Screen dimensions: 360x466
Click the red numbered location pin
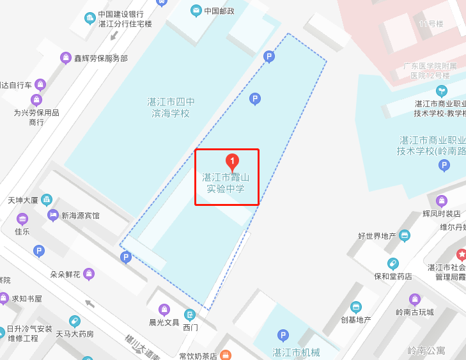tap(233, 161)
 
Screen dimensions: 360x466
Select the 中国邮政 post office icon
tap(196, 10)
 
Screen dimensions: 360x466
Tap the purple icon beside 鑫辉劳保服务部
tap(66, 58)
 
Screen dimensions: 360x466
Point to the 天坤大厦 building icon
tap(47, 200)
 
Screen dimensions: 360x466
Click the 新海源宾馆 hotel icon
tap(53, 215)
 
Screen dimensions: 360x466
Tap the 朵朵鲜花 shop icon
tap(89, 274)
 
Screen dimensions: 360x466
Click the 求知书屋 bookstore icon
tap(4, 298)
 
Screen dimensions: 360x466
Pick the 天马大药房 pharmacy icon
tap(75, 321)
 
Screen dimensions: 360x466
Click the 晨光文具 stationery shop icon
tap(164, 310)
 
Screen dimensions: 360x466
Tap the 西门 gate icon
tap(190, 315)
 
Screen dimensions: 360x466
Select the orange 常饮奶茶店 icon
tap(224, 355)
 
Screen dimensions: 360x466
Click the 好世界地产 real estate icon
tap(404, 236)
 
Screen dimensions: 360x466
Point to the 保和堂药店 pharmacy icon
tap(392, 263)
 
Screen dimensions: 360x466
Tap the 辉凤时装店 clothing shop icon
tap(441, 201)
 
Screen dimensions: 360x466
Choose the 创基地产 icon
tap(356, 307)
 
